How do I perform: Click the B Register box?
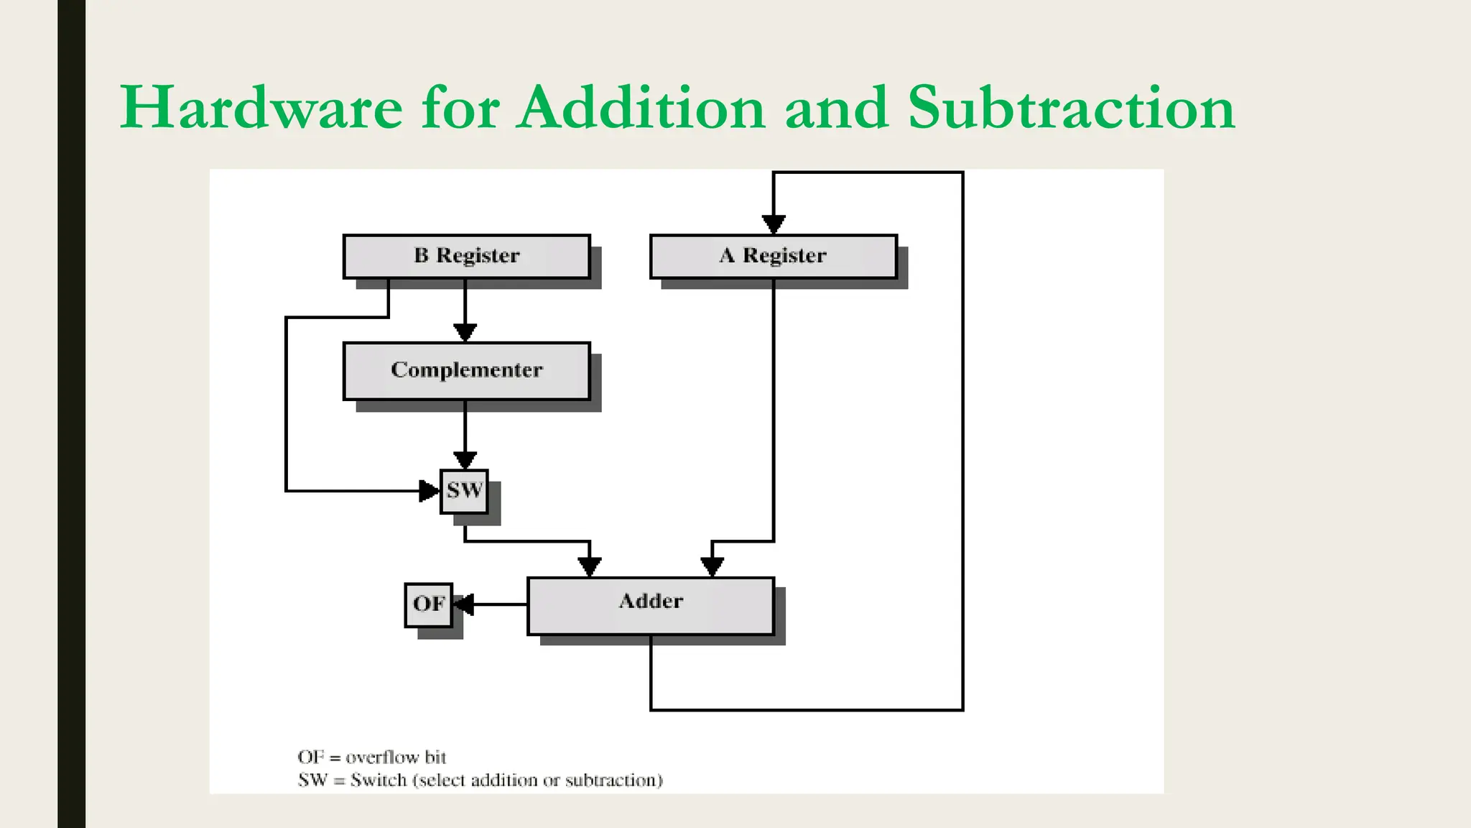click(467, 256)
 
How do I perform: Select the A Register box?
click(774, 256)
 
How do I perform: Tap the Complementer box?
click(467, 370)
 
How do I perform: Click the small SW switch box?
click(464, 491)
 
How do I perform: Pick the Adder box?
click(651, 605)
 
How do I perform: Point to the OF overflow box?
click(429, 604)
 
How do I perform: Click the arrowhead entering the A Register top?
click(774, 224)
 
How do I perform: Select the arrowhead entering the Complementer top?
click(465, 332)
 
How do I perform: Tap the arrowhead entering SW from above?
click(465, 460)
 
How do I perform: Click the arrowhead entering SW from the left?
click(429, 491)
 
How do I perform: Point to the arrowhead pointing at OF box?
click(464, 604)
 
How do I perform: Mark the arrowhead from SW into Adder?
click(590, 567)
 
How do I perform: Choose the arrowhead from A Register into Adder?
click(712, 567)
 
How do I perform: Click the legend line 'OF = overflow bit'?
click(372, 758)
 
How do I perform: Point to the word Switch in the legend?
click(379, 781)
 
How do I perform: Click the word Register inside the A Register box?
click(784, 256)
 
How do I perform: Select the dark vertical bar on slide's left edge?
click(71, 414)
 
